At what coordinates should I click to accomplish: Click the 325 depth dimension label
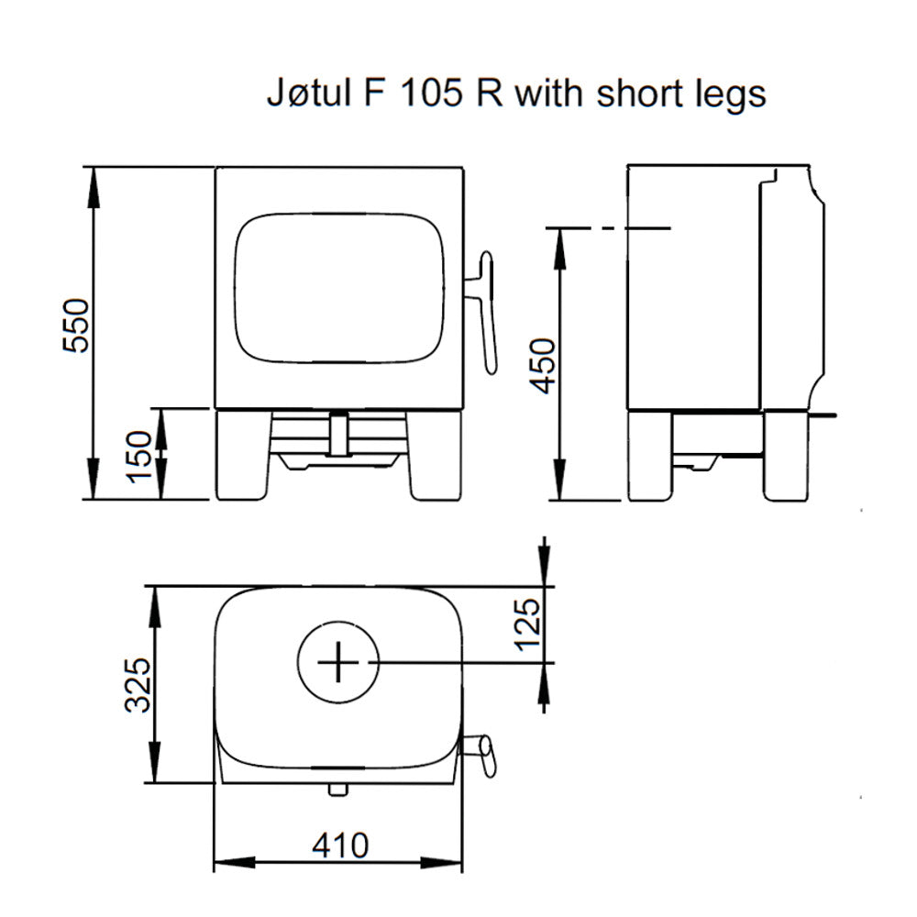point(138,684)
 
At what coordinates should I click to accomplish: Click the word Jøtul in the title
point(305,94)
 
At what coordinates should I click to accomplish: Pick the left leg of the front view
point(244,454)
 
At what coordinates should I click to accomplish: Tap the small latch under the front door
point(338,434)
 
